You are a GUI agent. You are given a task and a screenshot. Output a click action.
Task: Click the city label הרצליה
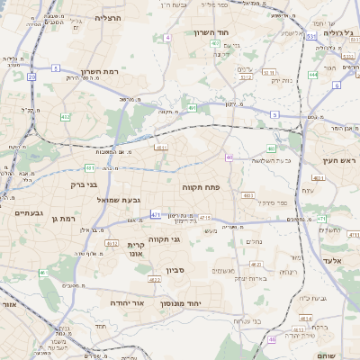click(108, 17)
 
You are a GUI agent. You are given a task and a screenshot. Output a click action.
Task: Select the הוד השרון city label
click(213, 32)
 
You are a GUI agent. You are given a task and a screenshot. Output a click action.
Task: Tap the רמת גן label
click(68, 217)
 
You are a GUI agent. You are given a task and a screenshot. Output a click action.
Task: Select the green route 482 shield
click(66, 117)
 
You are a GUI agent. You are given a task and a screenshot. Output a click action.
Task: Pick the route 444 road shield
click(312, 75)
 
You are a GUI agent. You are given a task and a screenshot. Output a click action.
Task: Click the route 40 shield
click(229, 157)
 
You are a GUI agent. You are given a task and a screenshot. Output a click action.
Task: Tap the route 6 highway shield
click(337, 85)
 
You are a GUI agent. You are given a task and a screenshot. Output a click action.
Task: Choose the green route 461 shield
click(90, 167)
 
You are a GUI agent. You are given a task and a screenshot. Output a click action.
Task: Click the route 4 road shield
click(167, 38)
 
